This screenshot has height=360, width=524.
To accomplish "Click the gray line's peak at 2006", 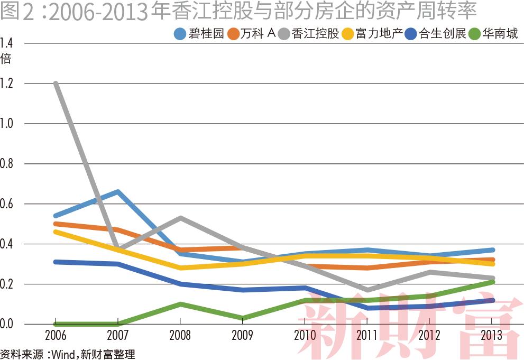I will [56, 84].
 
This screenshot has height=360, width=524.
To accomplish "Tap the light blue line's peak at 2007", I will [118, 191].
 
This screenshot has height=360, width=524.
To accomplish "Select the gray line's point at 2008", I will [180, 217].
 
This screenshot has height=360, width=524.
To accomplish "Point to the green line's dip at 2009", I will [243, 318].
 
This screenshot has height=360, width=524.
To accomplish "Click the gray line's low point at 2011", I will [367, 290].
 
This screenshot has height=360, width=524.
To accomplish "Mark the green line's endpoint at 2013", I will [492, 282].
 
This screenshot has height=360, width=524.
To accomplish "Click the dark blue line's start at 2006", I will [56, 262].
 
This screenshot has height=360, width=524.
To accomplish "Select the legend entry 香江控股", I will [315, 34].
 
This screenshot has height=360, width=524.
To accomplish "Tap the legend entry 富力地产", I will [379, 34].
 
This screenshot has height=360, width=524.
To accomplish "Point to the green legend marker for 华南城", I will [475, 34].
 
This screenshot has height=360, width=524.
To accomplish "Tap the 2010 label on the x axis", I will [305, 335].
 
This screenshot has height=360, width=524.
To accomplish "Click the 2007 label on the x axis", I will [118, 335].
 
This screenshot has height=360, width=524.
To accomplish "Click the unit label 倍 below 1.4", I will [6, 59].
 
